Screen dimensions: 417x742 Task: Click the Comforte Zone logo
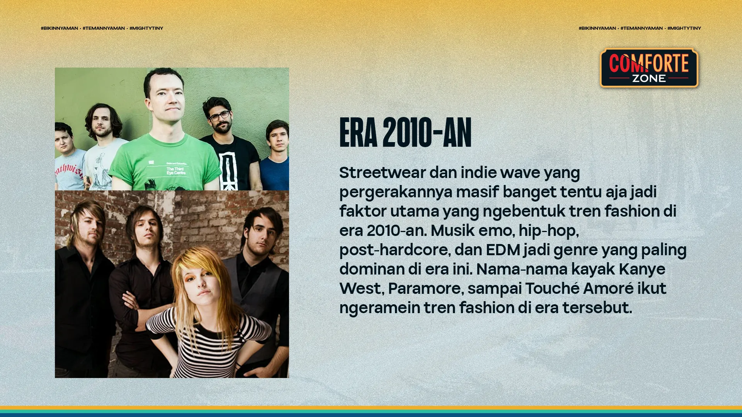(x=649, y=68)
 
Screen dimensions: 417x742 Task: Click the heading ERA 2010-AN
(x=405, y=133)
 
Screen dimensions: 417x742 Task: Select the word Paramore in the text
(x=424, y=288)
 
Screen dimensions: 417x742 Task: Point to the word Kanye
(x=642, y=269)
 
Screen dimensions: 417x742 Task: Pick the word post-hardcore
(x=395, y=250)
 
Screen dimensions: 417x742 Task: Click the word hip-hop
(x=548, y=231)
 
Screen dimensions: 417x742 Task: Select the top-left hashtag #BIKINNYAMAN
(x=60, y=28)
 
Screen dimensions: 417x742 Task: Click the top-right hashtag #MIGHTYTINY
(x=684, y=28)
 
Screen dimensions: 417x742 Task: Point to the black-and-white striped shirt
(x=209, y=340)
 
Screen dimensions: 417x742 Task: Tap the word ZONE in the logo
(x=649, y=78)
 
